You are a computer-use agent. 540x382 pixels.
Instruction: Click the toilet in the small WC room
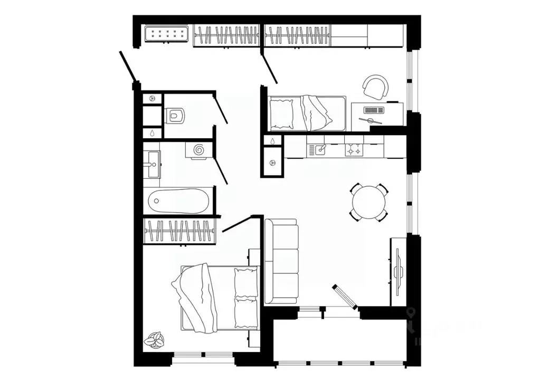175,115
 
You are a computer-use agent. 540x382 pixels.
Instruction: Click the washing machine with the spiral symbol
199,150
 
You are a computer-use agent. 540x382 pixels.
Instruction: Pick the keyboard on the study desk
373,111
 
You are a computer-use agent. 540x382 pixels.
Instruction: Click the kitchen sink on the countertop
320,150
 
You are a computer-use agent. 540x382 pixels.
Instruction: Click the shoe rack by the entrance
167,35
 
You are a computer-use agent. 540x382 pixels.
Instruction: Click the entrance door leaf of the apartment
128,67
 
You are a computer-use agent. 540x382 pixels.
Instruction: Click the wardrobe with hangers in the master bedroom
179,231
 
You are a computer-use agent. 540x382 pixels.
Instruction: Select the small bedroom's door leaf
269,68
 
